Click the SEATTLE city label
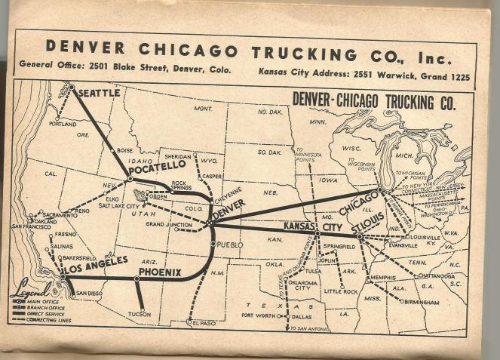99,94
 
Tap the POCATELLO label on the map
157,165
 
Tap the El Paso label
204,323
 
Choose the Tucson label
139,314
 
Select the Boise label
125,150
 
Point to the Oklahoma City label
305,285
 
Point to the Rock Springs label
179,186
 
